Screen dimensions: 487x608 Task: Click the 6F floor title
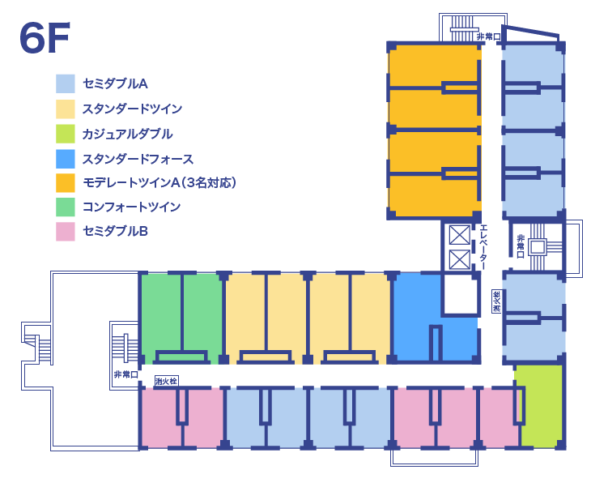click(x=45, y=38)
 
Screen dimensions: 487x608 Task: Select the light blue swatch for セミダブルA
click(x=66, y=83)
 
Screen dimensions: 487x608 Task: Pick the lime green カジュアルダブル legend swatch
click(x=66, y=134)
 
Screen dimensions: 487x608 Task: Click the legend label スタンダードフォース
click(x=138, y=159)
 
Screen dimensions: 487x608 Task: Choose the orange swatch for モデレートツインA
click(x=66, y=183)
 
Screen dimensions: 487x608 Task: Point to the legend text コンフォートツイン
click(x=131, y=207)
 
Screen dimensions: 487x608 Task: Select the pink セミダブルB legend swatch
click(x=66, y=232)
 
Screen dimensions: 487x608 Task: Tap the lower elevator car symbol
click(x=459, y=260)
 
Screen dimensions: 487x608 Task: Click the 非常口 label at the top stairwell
click(x=488, y=36)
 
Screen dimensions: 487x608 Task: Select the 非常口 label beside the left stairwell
click(x=125, y=374)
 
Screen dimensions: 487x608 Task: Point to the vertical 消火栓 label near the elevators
click(x=496, y=301)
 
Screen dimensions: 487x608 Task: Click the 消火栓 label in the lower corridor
click(x=166, y=379)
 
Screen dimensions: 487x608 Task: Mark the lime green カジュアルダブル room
click(x=541, y=405)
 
